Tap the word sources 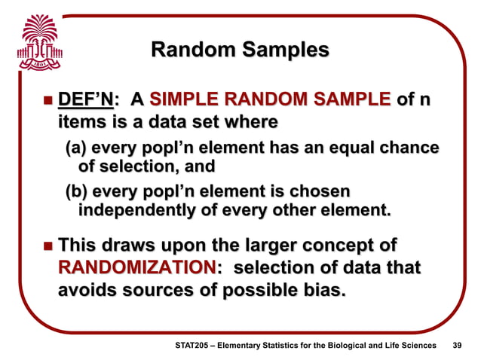click(161, 290)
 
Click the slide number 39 click(455, 345)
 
